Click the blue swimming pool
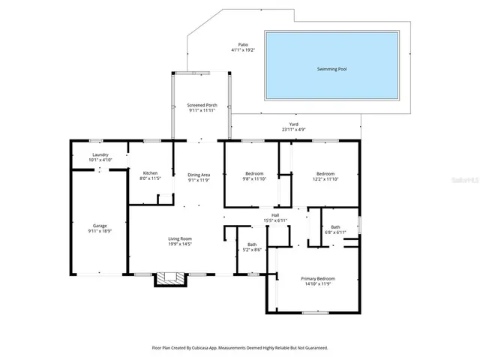pyautogui.click(x=331, y=68)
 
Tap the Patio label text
pyautogui.click(x=243, y=45)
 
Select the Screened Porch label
pyautogui.click(x=202, y=106)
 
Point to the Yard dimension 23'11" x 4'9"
pyautogui.click(x=294, y=130)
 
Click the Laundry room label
pyautogui.click(x=100, y=154)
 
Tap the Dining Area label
pyautogui.click(x=199, y=175)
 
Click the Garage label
pyautogui.click(x=100, y=226)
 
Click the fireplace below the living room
pyautogui.click(x=169, y=278)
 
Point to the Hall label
pyautogui.click(x=275, y=215)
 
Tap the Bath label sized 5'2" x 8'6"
pyautogui.click(x=252, y=244)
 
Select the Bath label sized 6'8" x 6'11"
pyautogui.click(x=335, y=227)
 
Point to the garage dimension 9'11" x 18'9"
pyautogui.click(x=100, y=231)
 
